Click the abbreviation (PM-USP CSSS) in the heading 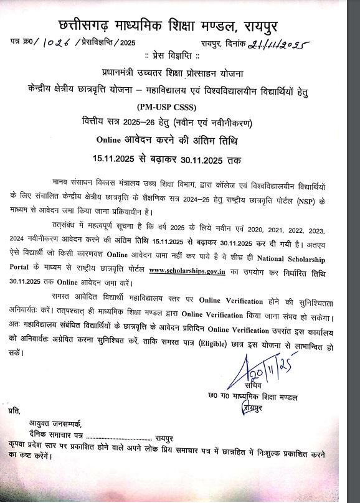180,104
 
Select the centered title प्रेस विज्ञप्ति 180,55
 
